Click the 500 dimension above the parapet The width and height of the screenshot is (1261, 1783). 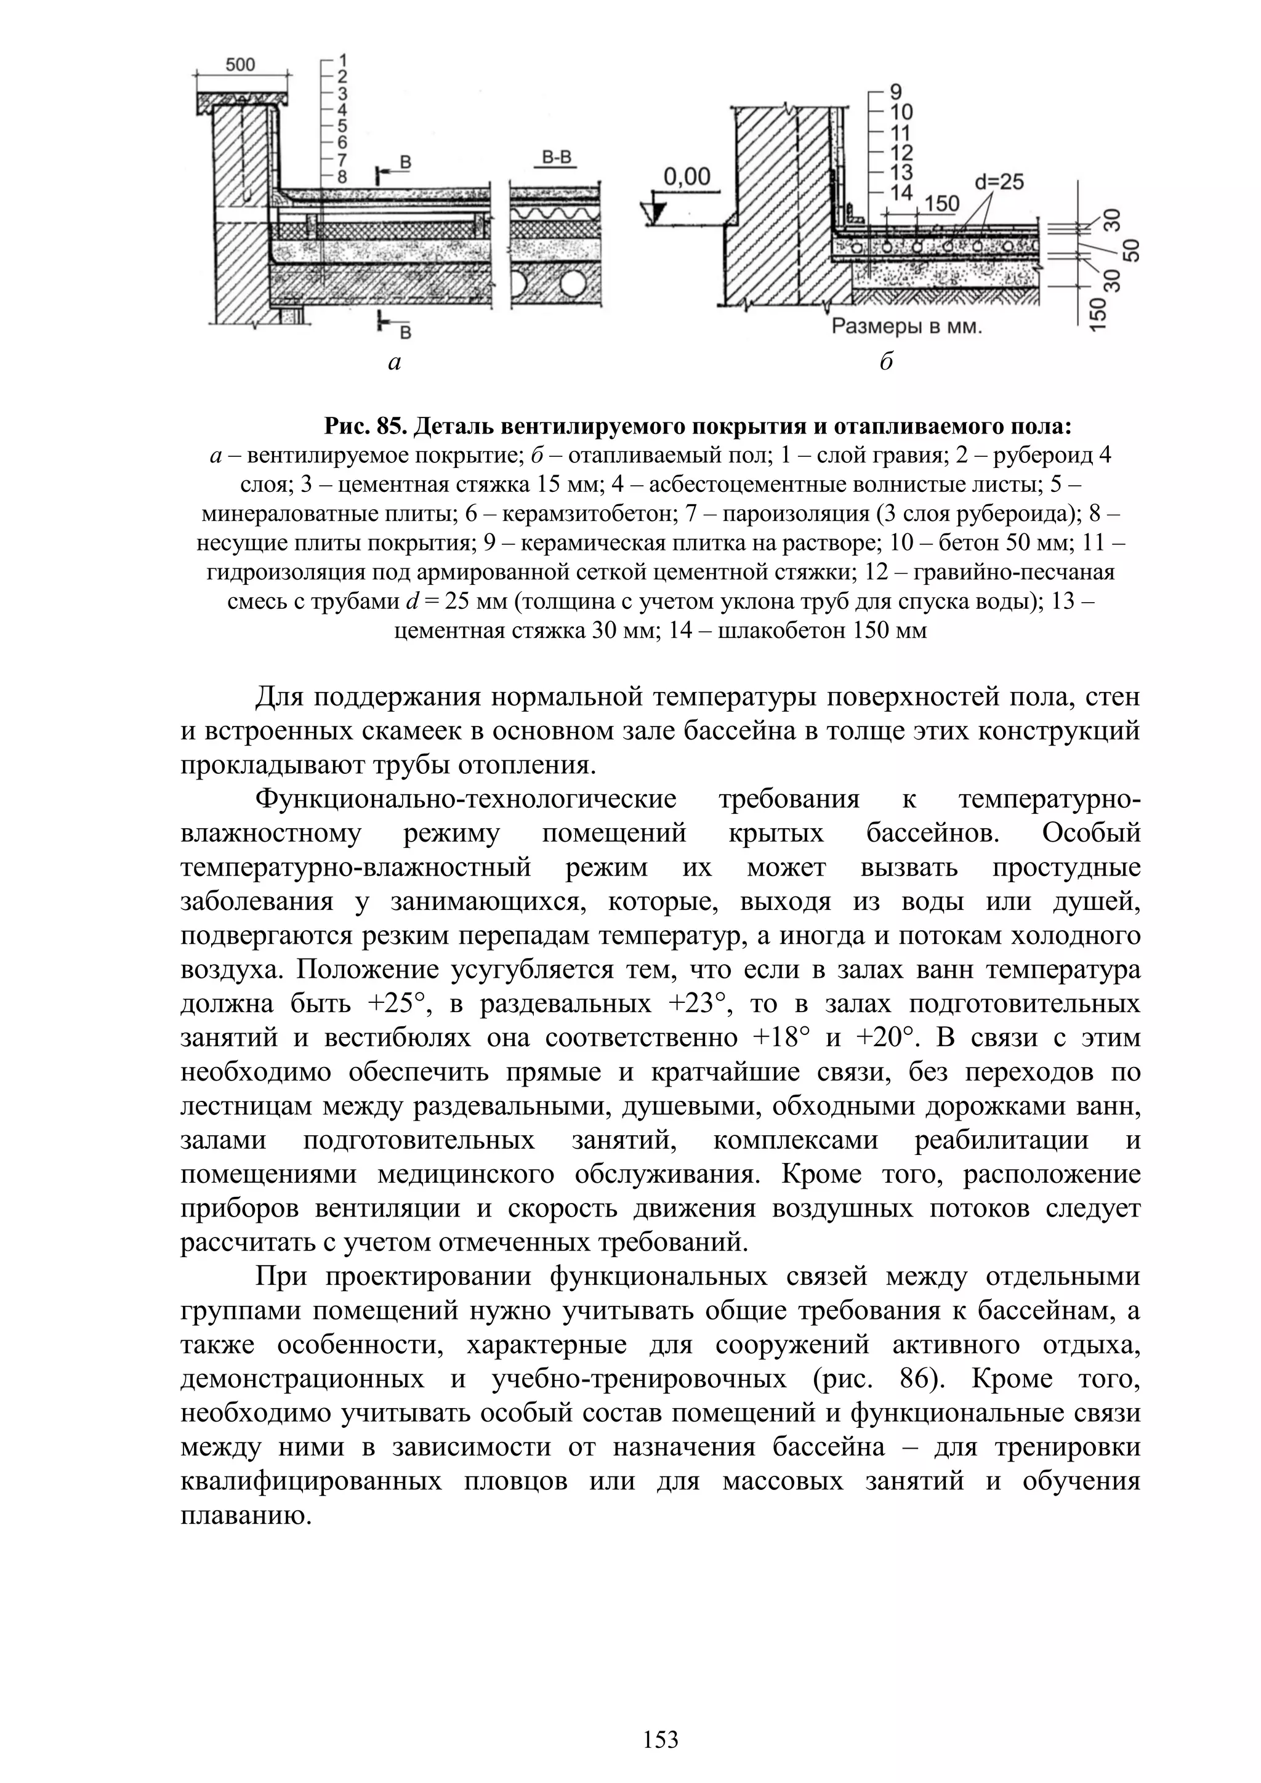click(240, 65)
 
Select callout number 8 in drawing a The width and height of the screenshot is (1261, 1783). click(342, 175)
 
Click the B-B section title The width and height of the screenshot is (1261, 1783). click(556, 158)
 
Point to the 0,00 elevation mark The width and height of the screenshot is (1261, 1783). click(687, 177)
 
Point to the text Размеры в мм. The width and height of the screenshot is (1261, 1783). click(907, 327)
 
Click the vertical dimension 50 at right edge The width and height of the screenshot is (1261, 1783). click(1133, 250)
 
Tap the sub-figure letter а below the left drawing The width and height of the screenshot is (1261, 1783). click(395, 363)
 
